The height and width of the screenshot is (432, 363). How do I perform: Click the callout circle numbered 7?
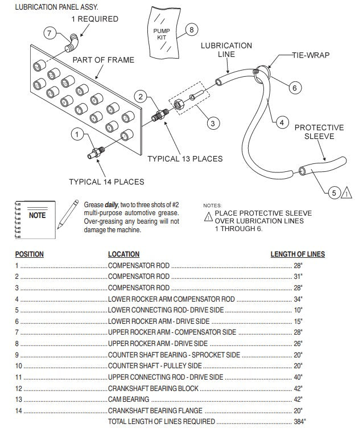pyautogui.click(x=50, y=33)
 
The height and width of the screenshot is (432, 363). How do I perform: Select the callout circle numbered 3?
pyautogui.click(x=212, y=122)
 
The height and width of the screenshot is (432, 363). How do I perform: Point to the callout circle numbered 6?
pyautogui.click(x=294, y=88)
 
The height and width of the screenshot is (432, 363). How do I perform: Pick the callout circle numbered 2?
pyautogui.click(x=142, y=97)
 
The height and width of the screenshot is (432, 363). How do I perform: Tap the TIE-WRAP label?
pyautogui.click(x=311, y=55)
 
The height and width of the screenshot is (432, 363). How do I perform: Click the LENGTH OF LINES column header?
pyautogui.click(x=297, y=254)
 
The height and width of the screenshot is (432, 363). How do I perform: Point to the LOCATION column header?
pyautogui.click(x=123, y=254)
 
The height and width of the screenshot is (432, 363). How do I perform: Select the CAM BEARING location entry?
pyautogui.click(x=129, y=400)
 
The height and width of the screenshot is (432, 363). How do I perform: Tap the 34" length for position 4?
pyautogui.click(x=298, y=299)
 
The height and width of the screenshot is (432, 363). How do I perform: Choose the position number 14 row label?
pyautogui.click(x=19, y=410)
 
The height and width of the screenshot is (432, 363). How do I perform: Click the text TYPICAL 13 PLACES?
pyautogui.click(x=185, y=158)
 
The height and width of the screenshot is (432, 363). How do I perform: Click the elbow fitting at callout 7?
pyautogui.click(x=72, y=40)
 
